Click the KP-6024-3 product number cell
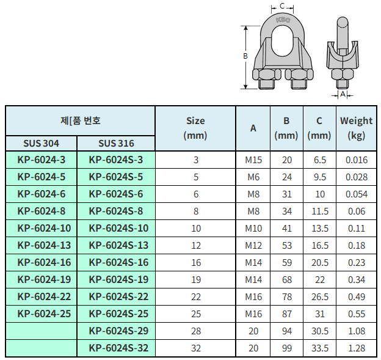tap(42, 160)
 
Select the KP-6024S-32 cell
tap(118, 348)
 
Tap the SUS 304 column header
tap(41, 143)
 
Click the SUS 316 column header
tap(116, 143)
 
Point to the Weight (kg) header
tap(356, 128)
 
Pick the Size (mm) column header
tap(195, 128)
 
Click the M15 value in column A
tap(253, 160)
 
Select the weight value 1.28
tap(357, 348)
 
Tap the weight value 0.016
tap(357, 160)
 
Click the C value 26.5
tap(320, 296)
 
